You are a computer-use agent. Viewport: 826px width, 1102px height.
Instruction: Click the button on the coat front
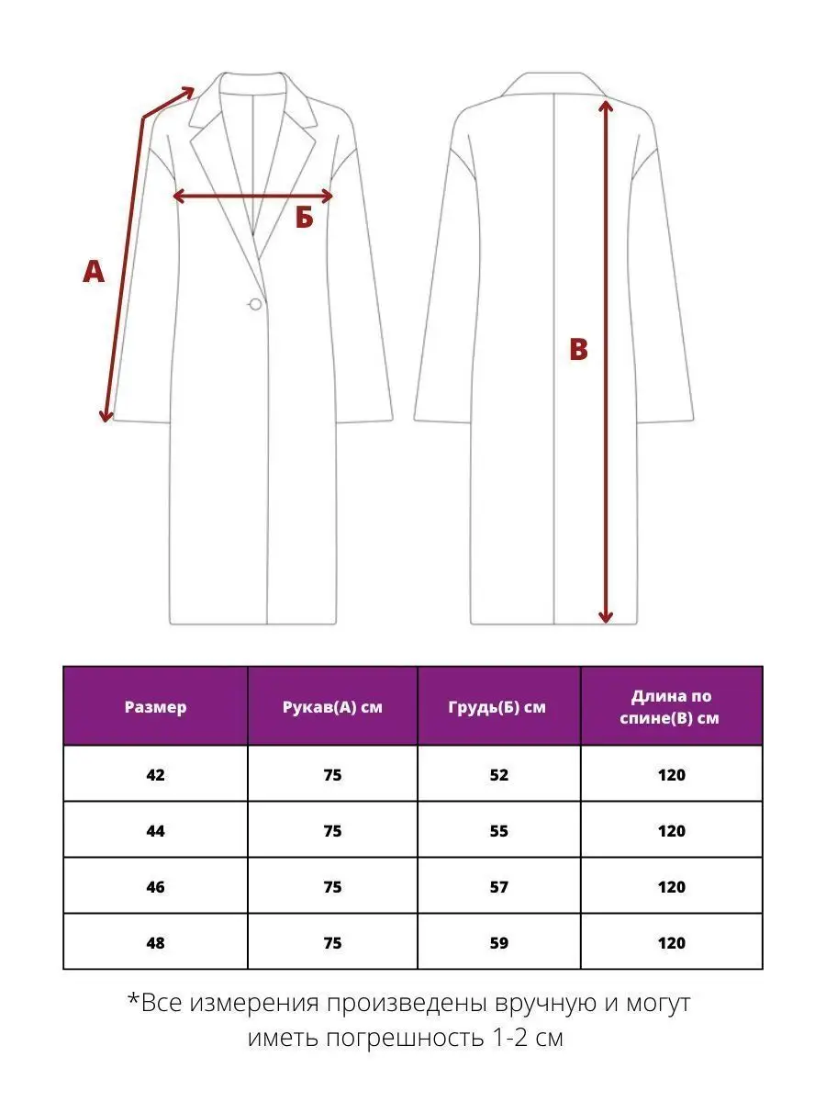click(255, 304)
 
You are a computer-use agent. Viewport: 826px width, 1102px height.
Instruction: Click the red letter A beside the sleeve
click(94, 272)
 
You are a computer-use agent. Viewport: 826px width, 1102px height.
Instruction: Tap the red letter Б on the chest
click(305, 219)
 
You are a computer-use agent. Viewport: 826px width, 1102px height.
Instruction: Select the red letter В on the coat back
click(578, 350)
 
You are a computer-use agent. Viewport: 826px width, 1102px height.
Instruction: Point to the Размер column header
click(155, 707)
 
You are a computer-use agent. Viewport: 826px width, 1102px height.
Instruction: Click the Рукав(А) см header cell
click(332, 707)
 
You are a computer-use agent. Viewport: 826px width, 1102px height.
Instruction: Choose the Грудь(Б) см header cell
click(498, 707)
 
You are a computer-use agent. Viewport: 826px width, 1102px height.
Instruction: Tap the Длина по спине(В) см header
click(672, 707)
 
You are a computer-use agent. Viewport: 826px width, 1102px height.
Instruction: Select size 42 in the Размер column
click(155, 775)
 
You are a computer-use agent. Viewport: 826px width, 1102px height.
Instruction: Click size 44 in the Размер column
click(155, 831)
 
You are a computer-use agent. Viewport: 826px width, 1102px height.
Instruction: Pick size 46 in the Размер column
click(155, 887)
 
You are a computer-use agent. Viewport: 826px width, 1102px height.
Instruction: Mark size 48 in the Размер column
click(155, 943)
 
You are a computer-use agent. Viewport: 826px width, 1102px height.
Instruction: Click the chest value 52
click(498, 775)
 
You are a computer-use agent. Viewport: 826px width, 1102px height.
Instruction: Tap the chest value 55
click(498, 831)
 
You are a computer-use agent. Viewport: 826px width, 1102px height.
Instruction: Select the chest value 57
click(498, 887)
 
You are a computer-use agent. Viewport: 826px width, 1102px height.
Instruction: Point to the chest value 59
click(498, 943)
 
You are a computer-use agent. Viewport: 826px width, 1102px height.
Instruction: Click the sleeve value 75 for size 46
click(332, 887)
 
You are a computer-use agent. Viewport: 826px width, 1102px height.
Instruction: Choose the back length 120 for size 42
click(672, 775)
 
